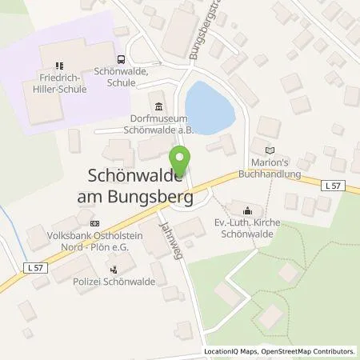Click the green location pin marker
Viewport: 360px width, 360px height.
point(180,158)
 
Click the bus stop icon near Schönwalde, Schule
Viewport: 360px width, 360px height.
point(121,58)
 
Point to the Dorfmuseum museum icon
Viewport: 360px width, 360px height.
point(158,107)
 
